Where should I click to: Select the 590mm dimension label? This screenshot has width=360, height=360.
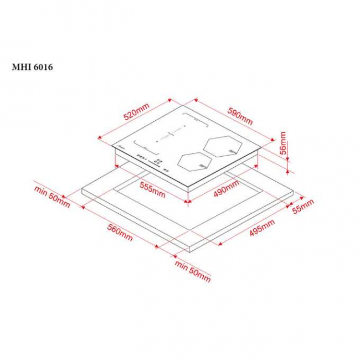[239, 115]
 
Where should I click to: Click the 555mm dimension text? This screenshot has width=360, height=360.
[152, 191]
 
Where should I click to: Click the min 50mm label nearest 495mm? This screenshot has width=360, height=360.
[193, 271]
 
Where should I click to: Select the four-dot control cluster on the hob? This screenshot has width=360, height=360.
[158, 162]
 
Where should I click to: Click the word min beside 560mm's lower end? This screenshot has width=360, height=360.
[181, 266]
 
